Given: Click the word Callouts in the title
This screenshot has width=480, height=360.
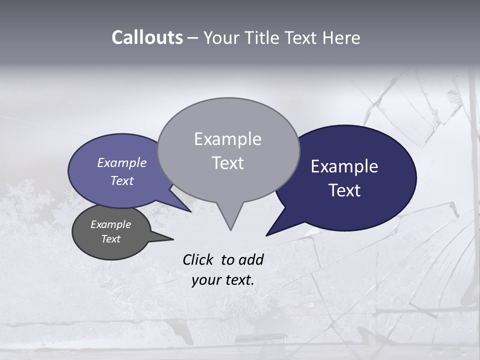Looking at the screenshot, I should pos(147,37).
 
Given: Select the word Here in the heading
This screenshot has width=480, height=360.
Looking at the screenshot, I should pos(340,37).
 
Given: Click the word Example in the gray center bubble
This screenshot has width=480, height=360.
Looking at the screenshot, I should pos(227,139).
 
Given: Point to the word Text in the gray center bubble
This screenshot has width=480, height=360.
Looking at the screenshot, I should pos(227,163).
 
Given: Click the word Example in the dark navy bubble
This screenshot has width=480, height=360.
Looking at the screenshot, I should pos(344,166).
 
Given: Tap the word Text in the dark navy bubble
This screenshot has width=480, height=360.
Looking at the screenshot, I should pos(344,190).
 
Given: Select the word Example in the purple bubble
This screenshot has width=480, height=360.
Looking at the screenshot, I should pos(121,163).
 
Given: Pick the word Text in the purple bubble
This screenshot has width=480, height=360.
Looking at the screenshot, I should pos(121,180).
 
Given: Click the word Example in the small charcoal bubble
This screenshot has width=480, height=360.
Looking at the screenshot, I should pos(110,224).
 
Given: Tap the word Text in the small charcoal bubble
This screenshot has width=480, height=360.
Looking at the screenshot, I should pos(110,239).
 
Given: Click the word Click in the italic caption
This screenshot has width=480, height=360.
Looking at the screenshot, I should pos(198,259).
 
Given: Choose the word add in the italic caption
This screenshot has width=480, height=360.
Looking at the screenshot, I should pos(251,259).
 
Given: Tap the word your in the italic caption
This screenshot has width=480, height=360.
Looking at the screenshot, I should pos(206,280).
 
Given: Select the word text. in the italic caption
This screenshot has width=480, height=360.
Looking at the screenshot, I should pos(237,280).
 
